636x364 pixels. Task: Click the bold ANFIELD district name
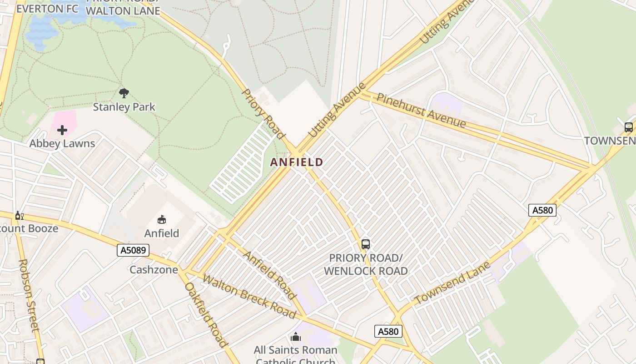[x=297, y=162]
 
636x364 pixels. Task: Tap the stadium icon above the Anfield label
[x=161, y=220]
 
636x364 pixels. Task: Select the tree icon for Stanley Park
[x=124, y=94]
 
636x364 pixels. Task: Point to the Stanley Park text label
[x=124, y=107]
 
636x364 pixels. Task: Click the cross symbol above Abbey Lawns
[x=62, y=131]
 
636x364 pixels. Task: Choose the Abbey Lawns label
[x=62, y=143]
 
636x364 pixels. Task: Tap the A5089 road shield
[x=133, y=250]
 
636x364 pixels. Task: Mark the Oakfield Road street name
[x=205, y=314]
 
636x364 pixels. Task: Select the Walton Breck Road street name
[x=249, y=296]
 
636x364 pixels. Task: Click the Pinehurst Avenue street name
[x=421, y=111]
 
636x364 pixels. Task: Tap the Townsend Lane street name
[x=453, y=283]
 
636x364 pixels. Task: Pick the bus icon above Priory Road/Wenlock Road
[x=366, y=244]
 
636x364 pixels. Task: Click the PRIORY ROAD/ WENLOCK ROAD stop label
[x=366, y=264]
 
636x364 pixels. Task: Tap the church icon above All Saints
[x=296, y=337]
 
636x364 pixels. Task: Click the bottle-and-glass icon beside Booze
[x=19, y=215]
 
